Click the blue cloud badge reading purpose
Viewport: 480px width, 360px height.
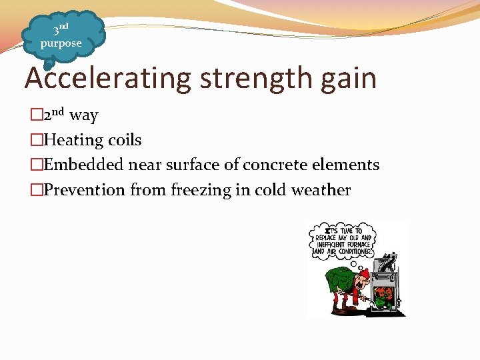(61, 37)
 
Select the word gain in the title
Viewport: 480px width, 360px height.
(351, 79)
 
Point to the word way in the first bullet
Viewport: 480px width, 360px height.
(84, 115)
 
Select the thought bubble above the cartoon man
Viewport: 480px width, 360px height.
(342, 239)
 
